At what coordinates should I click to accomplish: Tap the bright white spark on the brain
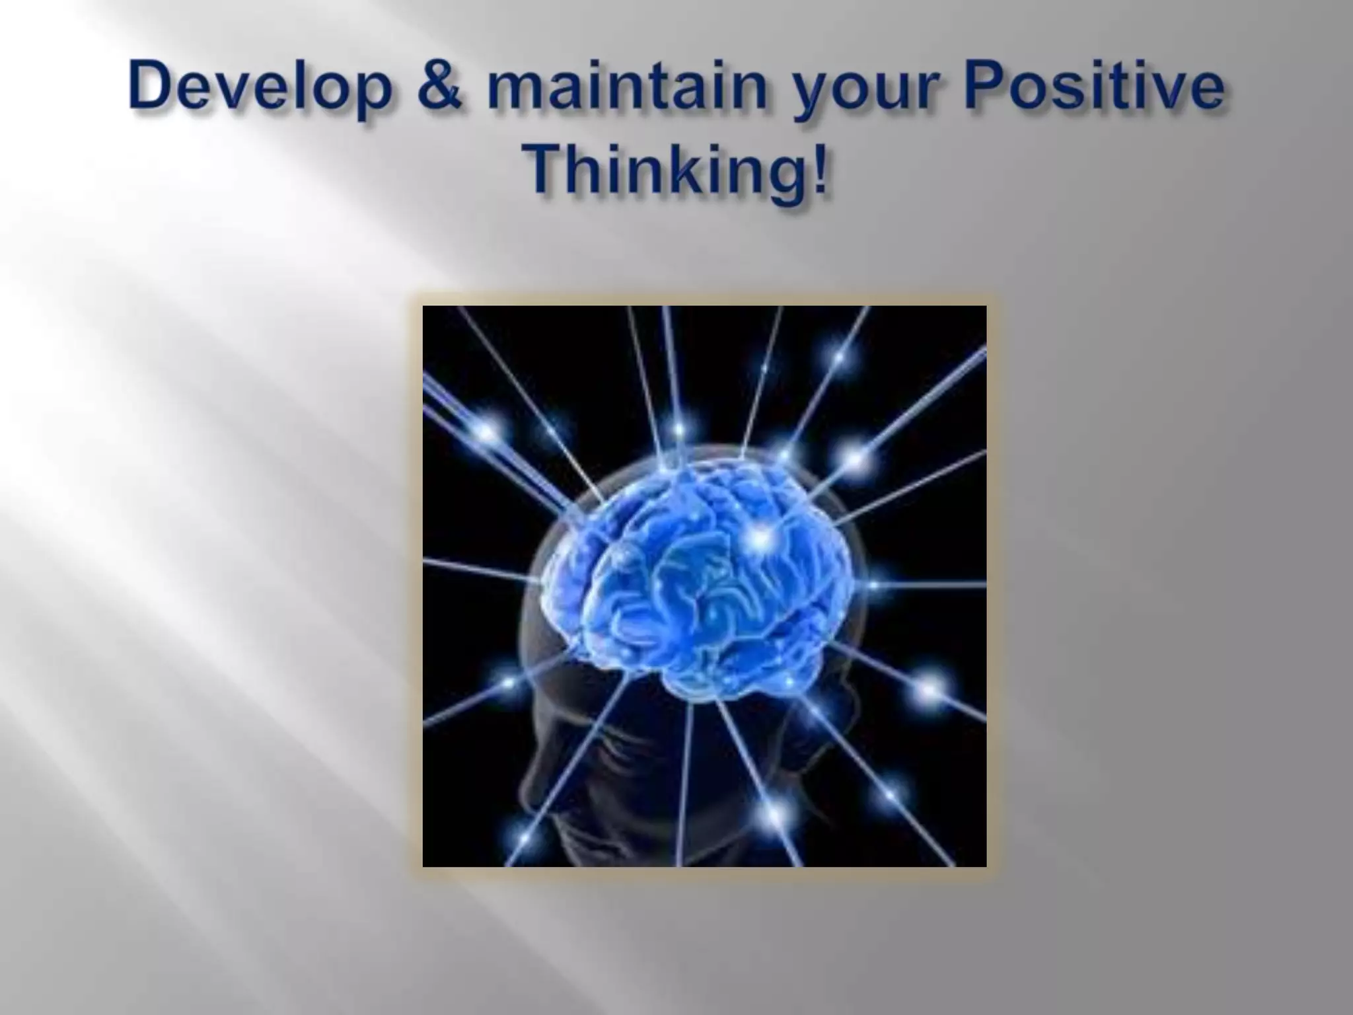761,539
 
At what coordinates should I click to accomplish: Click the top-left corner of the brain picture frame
424,307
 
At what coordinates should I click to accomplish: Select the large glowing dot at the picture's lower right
930,689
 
